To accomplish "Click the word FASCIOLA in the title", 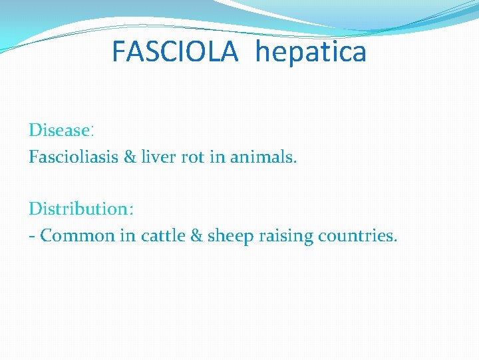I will pos(175,51).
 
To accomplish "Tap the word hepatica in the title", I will pos(311,52).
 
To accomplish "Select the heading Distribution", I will pos(79,209).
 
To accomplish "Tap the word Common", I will pos(78,236).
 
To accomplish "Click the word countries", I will pos(358,236).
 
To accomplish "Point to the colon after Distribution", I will pos(131,210).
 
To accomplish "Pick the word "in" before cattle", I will pos(128,236).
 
